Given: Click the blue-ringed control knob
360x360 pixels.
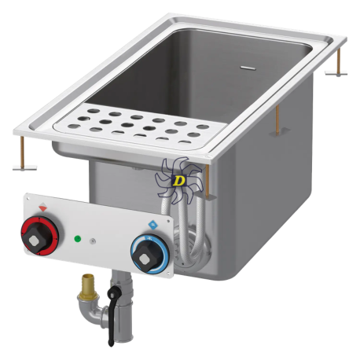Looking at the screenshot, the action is coord(149,254).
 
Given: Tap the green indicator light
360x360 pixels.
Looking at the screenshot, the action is coord(78,239).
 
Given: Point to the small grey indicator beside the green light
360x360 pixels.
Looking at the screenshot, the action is coord(92,241).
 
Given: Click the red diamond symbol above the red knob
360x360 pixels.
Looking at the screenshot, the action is coord(43,208).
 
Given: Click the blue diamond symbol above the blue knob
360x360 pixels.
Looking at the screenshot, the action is coord(152,225).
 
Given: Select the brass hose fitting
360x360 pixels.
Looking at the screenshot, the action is coord(88,287).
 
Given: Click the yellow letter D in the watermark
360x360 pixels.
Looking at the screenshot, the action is coord(179,181).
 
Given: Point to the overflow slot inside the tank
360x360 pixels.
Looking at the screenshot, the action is coord(248,68).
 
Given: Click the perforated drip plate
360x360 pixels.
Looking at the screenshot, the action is coord(140,126).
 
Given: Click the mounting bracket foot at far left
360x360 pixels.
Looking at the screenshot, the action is coord(24,167).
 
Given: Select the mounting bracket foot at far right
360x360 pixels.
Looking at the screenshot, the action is coord(336,73).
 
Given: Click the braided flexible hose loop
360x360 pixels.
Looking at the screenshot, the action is coord(187,230).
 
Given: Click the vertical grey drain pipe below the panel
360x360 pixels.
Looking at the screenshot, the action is coord(123,307).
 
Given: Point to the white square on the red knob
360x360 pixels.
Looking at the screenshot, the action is coord(34,241).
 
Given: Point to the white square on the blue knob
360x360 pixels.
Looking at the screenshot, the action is coord(143,259).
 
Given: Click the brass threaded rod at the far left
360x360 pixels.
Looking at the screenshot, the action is coord(22,151).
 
